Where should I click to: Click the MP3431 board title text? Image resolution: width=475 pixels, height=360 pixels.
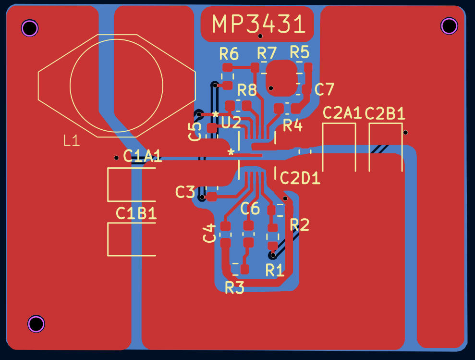tap(258, 24)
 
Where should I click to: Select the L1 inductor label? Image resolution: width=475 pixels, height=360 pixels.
tap(72, 141)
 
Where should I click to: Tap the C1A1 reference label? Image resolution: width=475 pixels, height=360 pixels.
tap(142, 156)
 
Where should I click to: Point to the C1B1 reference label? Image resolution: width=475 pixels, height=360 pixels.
tap(136, 213)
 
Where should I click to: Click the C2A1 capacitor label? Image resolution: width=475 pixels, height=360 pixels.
tap(342, 113)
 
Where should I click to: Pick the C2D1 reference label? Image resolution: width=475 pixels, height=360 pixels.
tap(300, 178)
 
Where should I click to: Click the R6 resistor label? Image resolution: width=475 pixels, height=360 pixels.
tap(229, 54)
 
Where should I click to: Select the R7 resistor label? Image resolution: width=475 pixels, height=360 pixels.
tap(267, 53)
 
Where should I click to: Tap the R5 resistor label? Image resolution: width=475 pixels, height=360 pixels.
tap(299, 52)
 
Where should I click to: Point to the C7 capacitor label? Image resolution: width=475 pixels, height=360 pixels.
tap(324, 89)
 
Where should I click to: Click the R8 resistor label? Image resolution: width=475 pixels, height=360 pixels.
tap(247, 90)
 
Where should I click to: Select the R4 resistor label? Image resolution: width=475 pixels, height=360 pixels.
tap(292, 125)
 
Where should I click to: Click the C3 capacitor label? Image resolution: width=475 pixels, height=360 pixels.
tap(185, 192)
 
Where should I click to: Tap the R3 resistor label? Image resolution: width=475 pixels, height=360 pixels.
tap(234, 288)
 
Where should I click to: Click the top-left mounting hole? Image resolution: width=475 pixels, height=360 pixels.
tap(30, 28)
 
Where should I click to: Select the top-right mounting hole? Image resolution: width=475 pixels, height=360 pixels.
tap(449, 26)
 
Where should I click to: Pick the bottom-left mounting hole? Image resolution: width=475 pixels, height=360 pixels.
tap(36, 323)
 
